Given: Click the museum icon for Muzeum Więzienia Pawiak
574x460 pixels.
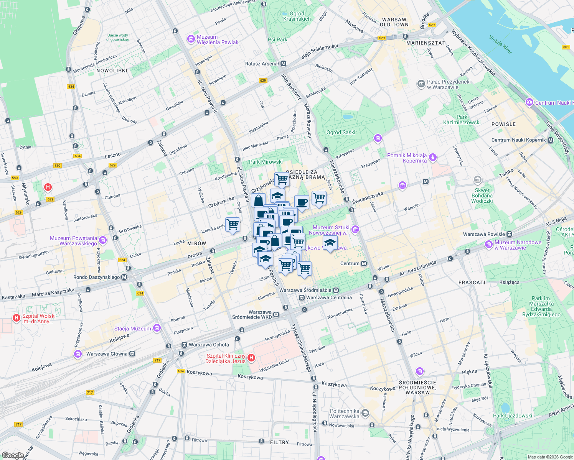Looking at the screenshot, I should point(191,39).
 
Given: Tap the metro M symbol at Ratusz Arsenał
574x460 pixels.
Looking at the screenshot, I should point(283,64).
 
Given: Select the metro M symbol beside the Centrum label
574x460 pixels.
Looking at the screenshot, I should point(364,263).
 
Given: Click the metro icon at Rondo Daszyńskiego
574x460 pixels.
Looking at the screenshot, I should point(124,277).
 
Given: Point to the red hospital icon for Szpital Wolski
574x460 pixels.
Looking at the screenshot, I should point(16,318).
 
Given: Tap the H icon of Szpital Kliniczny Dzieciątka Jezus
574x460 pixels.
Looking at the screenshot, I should point(251,358).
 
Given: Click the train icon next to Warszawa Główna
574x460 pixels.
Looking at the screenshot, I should point(132,354).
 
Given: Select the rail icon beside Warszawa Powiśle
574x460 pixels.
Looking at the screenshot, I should point(509,234).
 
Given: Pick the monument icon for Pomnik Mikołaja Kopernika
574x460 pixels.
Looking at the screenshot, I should point(433,158).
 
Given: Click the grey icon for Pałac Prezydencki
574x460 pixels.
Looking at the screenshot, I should point(421,84).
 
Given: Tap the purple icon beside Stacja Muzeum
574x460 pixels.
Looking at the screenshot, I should point(157,328).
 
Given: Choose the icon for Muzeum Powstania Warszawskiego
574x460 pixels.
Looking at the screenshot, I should point(102,240).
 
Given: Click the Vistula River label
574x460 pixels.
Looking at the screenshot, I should point(500,44).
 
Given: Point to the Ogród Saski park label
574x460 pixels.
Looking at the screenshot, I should point(341,132).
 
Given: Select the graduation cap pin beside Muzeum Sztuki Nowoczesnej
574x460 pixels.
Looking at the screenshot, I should point(330,243).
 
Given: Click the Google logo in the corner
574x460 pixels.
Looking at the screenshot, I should point(13,455).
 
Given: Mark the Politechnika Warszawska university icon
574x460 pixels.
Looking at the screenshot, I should point(365,413).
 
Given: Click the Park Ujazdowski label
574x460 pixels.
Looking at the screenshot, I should point(512,416).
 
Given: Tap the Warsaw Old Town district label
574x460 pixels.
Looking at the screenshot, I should point(394,22).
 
